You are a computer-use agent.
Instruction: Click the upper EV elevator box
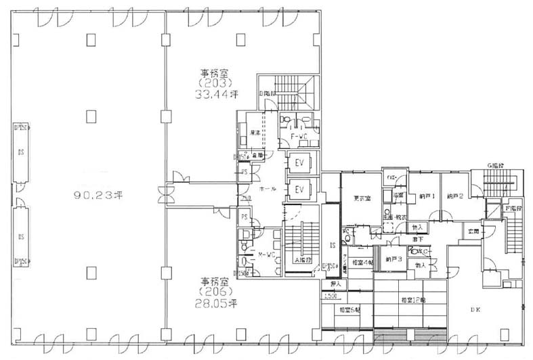pos(299,162)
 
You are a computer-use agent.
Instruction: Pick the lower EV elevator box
pos(299,189)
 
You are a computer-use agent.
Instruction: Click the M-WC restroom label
pos(267,255)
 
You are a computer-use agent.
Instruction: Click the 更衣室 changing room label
pos(360,199)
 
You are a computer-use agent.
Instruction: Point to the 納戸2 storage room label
pos(454,196)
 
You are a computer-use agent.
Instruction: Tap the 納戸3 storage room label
pos(393,258)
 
